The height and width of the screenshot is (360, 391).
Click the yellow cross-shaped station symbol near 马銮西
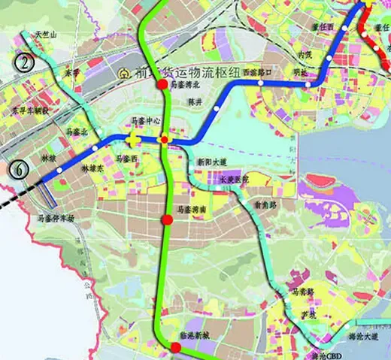pyautogui.click(x=133, y=140)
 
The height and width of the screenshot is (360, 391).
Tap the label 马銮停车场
pyautogui.click(x=56, y=219)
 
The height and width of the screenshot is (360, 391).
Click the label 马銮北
pyautogui.click(x=77, y=132)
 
